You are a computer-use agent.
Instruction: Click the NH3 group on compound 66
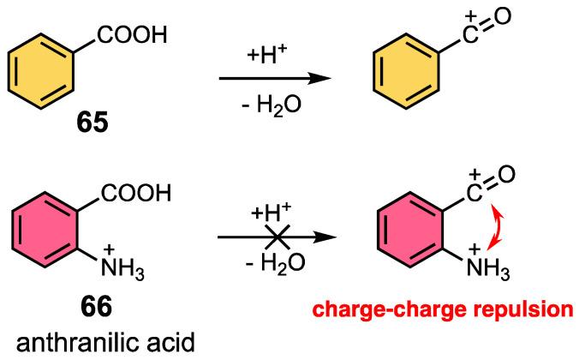click(118, 273)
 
